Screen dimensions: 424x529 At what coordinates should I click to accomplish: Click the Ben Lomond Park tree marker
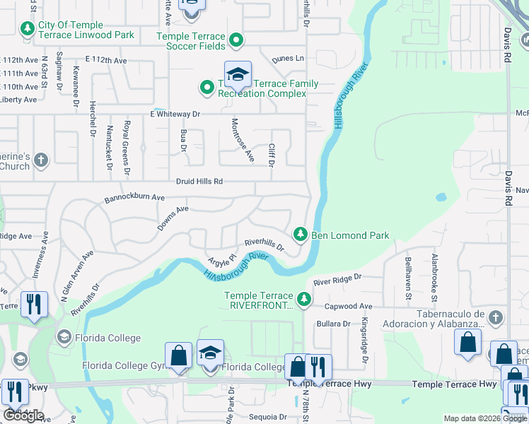pos(300,233)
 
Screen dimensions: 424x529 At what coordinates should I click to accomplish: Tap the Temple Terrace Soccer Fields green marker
pos(236,41)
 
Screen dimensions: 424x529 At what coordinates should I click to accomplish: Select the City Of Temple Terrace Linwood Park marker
pos(28,29)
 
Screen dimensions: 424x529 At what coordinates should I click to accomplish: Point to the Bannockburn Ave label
pos(134,198)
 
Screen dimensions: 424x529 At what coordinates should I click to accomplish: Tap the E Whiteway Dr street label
pos(175,114)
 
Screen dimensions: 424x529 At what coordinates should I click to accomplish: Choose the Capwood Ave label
pos(348,307)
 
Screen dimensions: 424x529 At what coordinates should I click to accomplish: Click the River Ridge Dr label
pos(337,280)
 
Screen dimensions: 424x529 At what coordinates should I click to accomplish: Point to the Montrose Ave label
pos(243,140)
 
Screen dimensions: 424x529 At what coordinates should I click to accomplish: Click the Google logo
pos(23,416)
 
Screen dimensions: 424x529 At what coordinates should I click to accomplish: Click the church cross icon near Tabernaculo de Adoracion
pos(496,317)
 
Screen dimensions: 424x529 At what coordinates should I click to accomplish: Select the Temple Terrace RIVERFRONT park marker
pos(304,300)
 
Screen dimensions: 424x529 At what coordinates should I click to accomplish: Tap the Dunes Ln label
pos(289,58)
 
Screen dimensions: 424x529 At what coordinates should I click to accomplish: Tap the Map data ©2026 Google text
pos(485,418)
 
